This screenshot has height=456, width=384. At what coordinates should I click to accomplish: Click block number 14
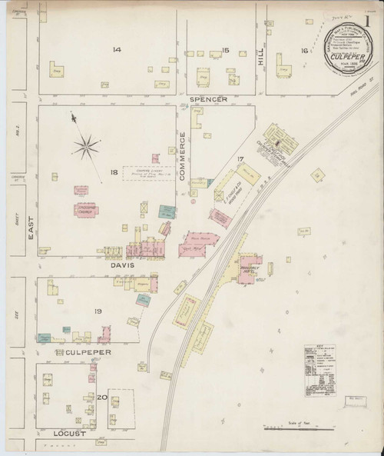[116, 50]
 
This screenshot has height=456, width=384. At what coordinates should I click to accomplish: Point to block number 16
[304, 50]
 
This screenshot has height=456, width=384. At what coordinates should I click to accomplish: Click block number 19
[98, 311]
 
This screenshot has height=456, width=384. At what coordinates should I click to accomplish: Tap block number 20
[101, 397]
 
